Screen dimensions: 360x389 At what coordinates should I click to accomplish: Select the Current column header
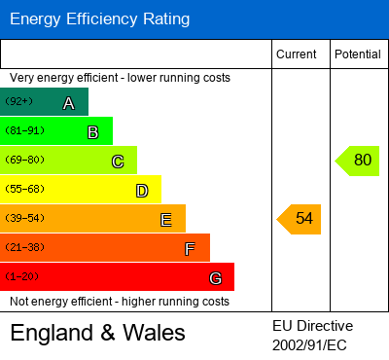[x=297, y=54]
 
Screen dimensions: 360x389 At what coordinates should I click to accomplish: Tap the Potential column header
[x=358, y=54]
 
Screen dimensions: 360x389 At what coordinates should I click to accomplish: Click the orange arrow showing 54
[x=301, y=219]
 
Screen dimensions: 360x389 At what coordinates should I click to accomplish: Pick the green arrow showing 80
[x=359, y=161]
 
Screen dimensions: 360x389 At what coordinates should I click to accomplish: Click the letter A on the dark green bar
[x=68, y=103]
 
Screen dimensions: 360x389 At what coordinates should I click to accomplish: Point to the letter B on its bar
[x=92, y=132]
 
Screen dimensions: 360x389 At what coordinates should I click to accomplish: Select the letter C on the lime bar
[x=117, y=162]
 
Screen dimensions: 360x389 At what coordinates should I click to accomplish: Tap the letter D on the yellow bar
[x=142, y=191]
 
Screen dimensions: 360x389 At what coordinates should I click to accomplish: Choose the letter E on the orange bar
[x=166, y=220]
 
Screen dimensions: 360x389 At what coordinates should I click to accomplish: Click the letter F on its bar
[x=190, y=249]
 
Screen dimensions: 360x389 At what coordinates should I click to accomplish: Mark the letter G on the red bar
[x=215, y=278]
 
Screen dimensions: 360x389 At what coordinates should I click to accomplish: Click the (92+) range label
[x=18, y=101]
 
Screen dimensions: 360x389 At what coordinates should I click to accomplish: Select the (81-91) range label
[x=23, y=130]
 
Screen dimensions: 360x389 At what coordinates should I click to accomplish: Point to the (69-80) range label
[x=23, y=160]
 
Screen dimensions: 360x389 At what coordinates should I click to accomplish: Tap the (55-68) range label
[x=23, y=189]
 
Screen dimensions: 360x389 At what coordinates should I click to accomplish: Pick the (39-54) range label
[x=23, y=218]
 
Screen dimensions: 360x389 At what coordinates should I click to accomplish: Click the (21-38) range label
[x=23, y=247]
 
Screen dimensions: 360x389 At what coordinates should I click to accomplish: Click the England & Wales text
[x=97, y=333]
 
